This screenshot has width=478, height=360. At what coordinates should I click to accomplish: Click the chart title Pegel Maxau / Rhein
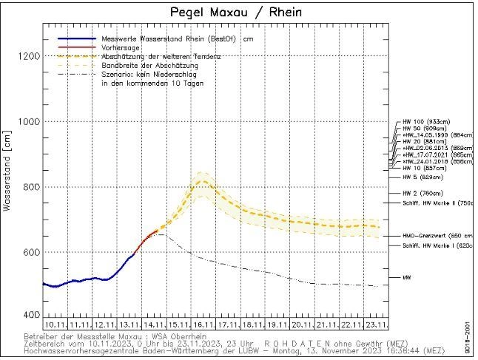click(235, 13)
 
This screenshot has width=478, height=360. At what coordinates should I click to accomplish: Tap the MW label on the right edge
click(406, 277)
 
